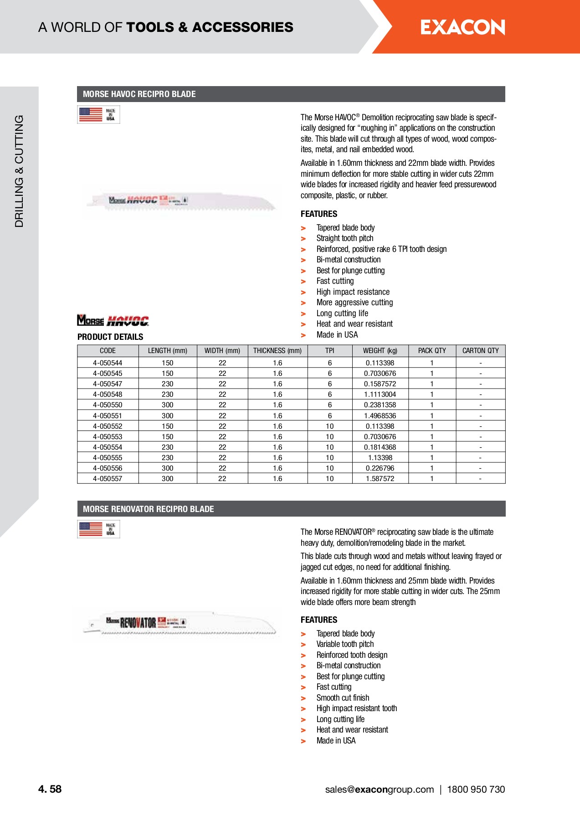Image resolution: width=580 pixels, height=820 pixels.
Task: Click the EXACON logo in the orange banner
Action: pos(462,27)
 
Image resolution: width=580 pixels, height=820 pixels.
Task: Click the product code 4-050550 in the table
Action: pos(108,405)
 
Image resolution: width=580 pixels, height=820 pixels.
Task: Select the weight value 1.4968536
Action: pos(380,416)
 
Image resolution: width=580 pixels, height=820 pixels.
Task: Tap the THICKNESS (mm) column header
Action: pos(277,351)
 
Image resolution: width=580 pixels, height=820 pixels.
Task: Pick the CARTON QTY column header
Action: pos(480,351)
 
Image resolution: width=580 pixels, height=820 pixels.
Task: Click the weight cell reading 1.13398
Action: pos(380,458)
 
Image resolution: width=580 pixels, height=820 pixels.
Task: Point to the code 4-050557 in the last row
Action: pos(108,479)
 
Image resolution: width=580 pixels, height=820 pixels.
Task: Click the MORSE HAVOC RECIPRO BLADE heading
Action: pos(139,94)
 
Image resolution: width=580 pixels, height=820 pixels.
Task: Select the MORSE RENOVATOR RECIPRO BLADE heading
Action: pos(149,509)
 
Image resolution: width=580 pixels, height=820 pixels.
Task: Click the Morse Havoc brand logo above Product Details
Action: pos(113,321)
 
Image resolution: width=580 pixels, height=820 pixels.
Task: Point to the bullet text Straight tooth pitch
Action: pos(345,238)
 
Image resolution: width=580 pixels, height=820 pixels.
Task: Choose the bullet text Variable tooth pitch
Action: pos(345,644)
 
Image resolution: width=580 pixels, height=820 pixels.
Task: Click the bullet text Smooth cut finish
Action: pos(343,698)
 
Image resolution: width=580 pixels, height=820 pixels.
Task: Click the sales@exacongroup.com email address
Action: pos(380,789)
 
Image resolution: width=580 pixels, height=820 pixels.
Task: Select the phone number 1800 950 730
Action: pos(476,789)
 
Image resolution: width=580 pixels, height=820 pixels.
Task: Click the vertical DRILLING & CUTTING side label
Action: pos(19,171)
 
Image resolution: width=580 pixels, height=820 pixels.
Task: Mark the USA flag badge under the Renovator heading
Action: pos(98,529)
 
